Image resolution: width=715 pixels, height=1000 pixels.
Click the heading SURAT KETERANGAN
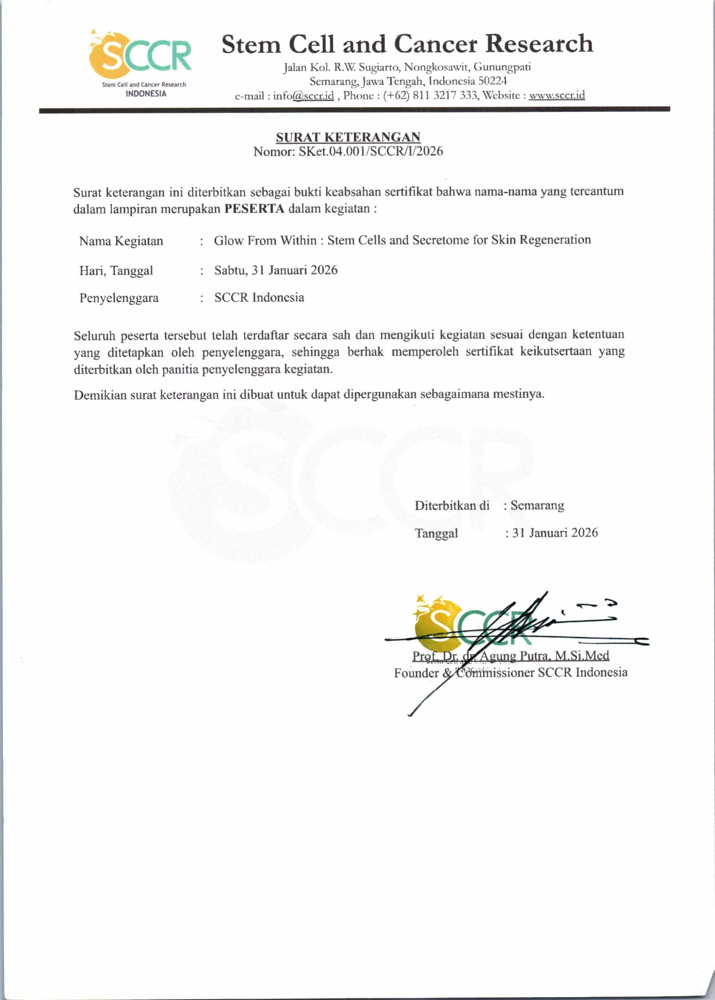348,137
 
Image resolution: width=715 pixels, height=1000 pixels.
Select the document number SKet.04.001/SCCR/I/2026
371,151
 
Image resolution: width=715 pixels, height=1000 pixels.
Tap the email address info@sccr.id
303,95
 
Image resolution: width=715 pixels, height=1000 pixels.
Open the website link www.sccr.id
557,95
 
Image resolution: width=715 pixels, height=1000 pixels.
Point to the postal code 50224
492,81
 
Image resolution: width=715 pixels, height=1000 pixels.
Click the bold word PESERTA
254,209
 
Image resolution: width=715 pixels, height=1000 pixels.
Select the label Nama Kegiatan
121,241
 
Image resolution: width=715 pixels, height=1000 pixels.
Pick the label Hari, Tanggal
116,271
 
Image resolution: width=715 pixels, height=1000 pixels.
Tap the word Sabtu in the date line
230,270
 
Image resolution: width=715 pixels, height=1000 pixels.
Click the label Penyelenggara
119,298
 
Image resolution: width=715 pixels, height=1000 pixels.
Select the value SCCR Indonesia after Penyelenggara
259,297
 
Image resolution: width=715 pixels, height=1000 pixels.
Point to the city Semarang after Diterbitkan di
537,505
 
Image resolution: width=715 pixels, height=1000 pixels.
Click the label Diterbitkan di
452,505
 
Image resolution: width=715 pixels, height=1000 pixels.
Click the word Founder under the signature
416,673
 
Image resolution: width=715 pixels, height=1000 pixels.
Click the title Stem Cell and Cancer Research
407,45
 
